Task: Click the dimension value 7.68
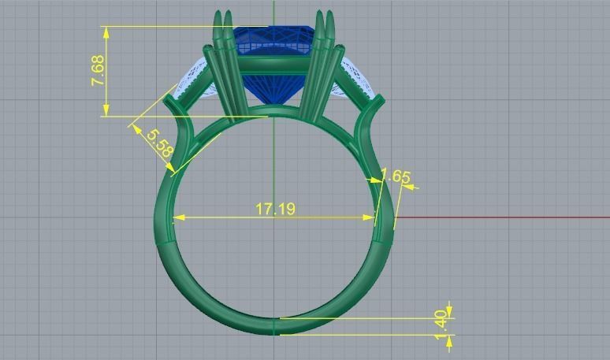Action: [99, 71]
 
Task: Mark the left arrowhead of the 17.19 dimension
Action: [177, 217]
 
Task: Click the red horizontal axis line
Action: [504, 217]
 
